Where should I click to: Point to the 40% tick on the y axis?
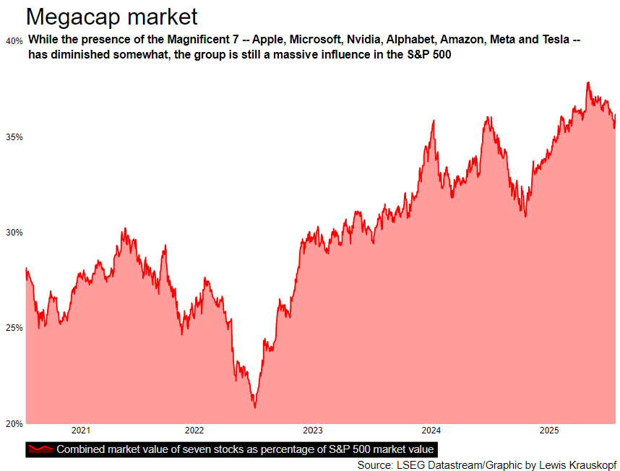point(14,40)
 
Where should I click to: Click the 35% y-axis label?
point(14,137)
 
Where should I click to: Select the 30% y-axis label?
point(14,233)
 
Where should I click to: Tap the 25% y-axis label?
point(14,328)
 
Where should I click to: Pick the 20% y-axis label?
point(14,423)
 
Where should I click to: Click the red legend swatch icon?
point(40,449)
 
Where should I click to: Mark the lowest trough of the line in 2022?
point(254,407)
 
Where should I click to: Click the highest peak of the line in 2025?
point(588,82)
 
